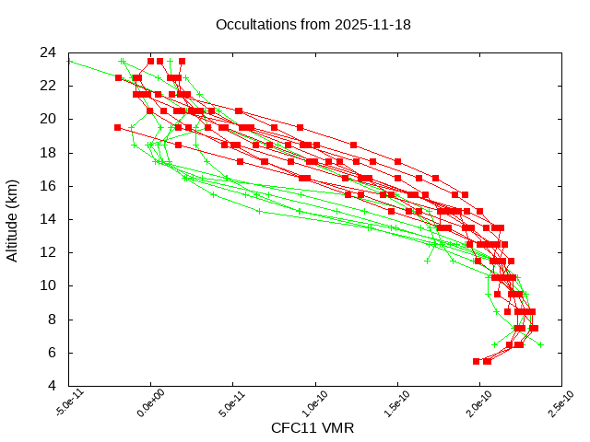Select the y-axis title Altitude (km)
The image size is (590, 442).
point(13,219)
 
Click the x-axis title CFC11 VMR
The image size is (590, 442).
point(313,428)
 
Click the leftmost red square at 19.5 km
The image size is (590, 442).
point(117,128)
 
